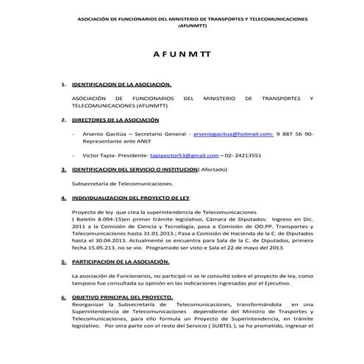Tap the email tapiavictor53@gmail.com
[183, 156]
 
